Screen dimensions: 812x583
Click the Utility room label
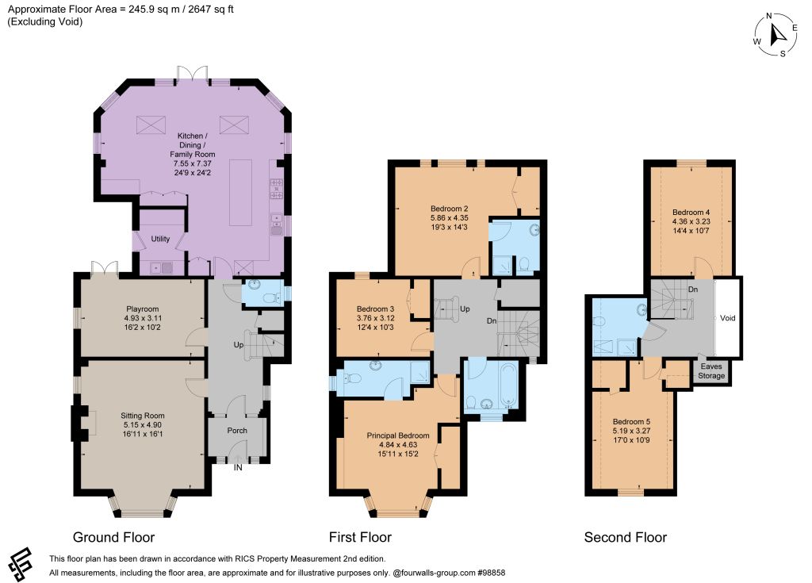[160, 239]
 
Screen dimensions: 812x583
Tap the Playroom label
[143, 309]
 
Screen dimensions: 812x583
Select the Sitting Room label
[143, 416]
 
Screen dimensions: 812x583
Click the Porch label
[237, 431]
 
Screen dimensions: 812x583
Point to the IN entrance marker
[238, 467]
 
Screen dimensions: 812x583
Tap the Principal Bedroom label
[398, 435]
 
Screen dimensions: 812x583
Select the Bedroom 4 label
[691, 212]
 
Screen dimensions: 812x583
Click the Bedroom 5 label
[632, 422]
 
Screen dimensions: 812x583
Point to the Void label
[728, 318]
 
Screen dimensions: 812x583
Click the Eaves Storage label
[711, 371]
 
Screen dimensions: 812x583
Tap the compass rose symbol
[776, 34]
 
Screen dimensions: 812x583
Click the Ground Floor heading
[114, 538]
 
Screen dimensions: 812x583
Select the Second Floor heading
[626, 538]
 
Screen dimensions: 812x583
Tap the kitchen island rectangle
[241, 192]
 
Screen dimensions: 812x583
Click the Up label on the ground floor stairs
[238, 344]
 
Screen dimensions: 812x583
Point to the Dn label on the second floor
[693, 290]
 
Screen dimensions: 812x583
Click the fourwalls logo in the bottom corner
[21, 564]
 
